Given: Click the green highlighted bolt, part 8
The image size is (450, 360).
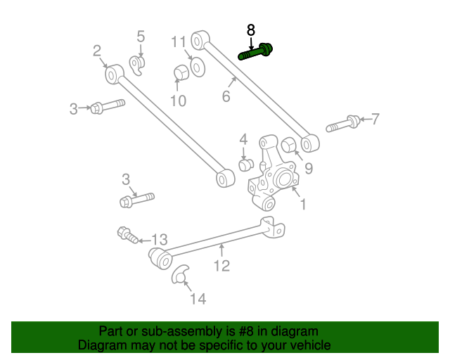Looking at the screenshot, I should coord(257,52).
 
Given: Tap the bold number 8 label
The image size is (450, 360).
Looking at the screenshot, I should coord(251,30).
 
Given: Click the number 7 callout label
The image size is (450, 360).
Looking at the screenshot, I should coord(375,119).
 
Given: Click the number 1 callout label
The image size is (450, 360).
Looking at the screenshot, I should coord(303,205).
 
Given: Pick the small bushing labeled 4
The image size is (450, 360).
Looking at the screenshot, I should coord(245,165).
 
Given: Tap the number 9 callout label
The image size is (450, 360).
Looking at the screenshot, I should coord(308,169).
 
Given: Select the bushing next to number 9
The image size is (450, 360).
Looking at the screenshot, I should coord(289,146).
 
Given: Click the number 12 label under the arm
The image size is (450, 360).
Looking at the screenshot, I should coord(221,265).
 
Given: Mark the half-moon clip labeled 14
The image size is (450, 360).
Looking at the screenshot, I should coord(181,274).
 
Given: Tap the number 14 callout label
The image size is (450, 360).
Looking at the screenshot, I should coord(198,299).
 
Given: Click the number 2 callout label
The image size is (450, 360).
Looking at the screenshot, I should coord(97,50).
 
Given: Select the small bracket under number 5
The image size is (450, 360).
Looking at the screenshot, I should coord(138,65).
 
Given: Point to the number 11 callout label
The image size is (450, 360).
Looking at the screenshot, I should coord(179,41).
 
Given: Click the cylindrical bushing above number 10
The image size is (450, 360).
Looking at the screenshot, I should coord(181,73).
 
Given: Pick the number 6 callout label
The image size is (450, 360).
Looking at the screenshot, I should coord(226,96).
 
